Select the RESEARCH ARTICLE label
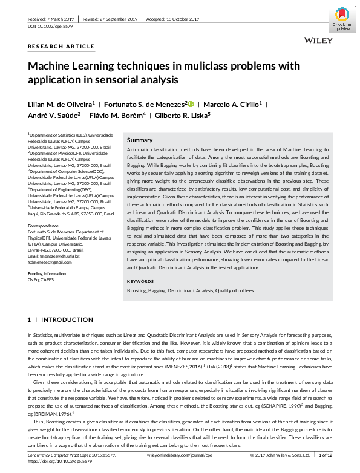coord(61,47)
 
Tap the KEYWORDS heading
coord(140,281)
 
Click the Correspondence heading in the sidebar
coord(47,225)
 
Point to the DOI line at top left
coord(50,27)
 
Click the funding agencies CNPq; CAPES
coord(41,280)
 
